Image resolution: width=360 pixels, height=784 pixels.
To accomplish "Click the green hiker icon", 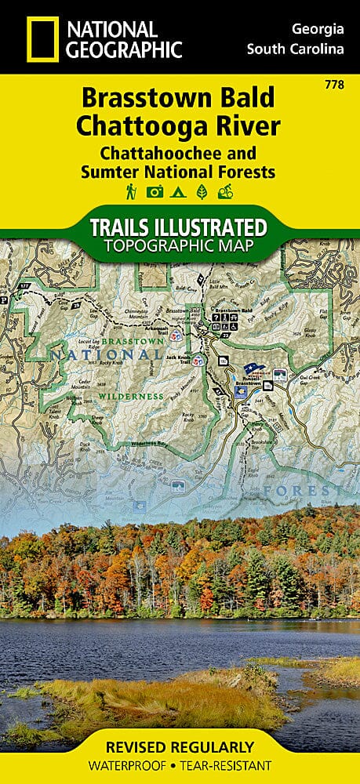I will pos(129,191).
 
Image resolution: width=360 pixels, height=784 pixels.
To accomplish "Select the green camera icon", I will pos(155,191).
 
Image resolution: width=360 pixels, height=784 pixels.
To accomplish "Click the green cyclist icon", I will pos(227,191).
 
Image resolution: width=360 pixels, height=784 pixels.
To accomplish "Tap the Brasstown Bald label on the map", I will pos(235,311).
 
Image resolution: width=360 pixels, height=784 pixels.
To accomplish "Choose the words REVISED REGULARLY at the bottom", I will pos(180,746).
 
